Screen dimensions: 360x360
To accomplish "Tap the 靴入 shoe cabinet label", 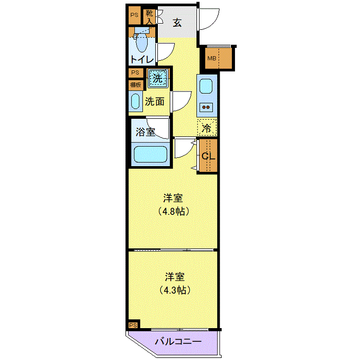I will coord(149,17).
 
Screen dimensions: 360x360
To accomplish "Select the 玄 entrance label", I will coord(177,23).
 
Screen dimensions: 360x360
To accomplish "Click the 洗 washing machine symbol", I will coord(158,79).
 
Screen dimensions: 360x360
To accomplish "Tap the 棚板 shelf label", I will coord(136,85).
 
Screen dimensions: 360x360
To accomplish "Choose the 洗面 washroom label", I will coord(155,101).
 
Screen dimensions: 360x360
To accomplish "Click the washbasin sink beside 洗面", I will coord(136,102).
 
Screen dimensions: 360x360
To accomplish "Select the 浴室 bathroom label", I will coord(145,132).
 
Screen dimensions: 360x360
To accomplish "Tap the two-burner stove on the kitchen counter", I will coord(206,107).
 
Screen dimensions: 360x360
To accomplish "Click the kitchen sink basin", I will coord(206,86).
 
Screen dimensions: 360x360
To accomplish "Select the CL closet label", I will coord(208,156).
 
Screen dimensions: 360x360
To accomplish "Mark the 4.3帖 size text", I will coord(173,290).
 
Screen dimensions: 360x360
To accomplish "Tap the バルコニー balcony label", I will coord(177,341).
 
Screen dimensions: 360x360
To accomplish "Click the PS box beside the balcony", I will coord(133,325).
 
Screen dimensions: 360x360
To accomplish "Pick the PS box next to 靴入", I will coord(134,15).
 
